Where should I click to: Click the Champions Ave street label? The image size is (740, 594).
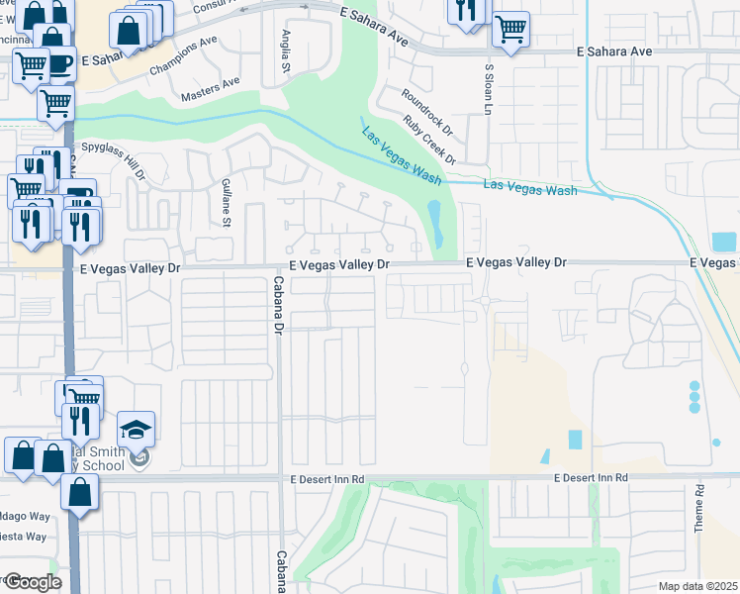coord(182,57)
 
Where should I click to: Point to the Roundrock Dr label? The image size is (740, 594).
coord(426,111)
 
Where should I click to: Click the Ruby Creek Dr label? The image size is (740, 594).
coord(428,140)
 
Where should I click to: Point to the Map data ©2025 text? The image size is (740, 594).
coord(697,586)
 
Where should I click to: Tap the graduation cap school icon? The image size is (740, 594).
coord(137,429)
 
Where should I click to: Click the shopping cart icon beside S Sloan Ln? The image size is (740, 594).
coord(510,29)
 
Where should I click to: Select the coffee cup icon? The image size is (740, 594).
coord(58,62)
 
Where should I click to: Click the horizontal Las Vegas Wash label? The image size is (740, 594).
coord(529,188)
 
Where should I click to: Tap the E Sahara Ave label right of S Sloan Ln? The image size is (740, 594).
coord(614,50)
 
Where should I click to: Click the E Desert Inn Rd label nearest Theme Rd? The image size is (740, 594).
coord(591,478)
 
